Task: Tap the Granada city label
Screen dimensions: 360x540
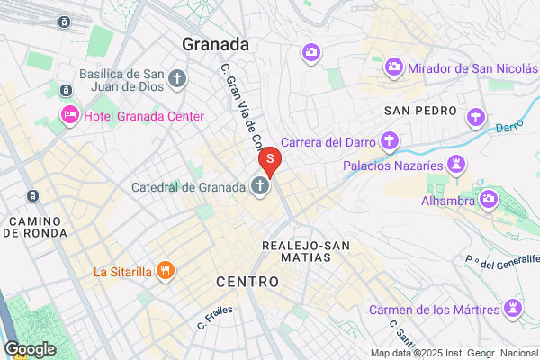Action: coord(215,43)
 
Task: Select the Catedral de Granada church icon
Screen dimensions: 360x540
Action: coord(259,188)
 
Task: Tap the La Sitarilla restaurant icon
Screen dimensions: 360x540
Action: coord(165,269)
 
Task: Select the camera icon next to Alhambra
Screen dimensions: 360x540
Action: coord(489,198)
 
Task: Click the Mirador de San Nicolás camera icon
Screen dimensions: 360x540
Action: coord(393,67)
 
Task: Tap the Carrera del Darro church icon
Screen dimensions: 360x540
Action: coord(389,141)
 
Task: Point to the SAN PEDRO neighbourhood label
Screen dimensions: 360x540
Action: coord(417,111)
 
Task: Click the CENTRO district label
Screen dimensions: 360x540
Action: coord(247,283)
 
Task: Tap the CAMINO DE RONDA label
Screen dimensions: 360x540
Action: coord(34,227)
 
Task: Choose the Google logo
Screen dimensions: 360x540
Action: coord(30,348)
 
